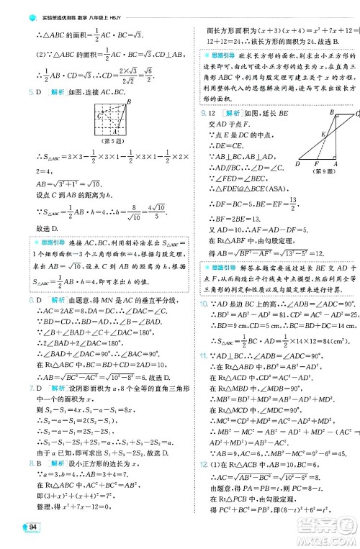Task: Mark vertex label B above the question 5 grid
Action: pyautogui.click(x=128, y=101)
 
